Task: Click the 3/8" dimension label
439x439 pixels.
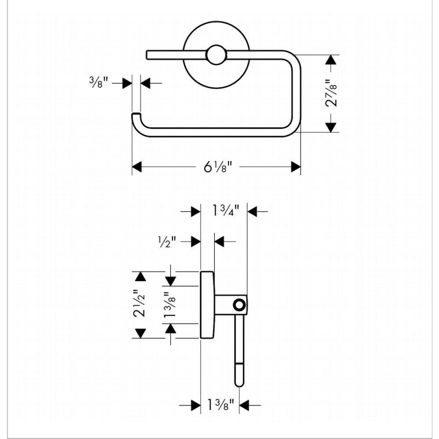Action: tap(98, 82)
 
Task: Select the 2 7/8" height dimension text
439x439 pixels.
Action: tap(333, 93)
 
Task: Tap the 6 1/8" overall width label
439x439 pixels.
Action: tap(217, 167)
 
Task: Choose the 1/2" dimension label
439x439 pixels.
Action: tap(167, 241)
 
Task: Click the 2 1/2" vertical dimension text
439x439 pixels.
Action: tap(140, 304)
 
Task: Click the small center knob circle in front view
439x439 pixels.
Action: tap(216, 55)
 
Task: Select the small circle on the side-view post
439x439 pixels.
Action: tap(239, 305)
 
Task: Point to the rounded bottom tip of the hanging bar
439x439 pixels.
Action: tap(239, 383)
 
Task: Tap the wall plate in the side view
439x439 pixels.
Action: tap(207, 305)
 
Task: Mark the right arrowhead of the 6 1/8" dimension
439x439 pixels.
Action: tap(296, 167)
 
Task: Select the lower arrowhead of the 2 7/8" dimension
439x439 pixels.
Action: tap(331, 127)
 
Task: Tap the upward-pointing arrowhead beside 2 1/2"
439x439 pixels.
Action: tap(140, 277)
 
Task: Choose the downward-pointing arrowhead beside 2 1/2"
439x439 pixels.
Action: tap(140, 333)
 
